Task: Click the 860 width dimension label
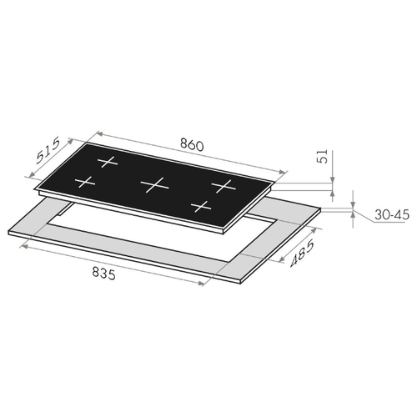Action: tap(192, 145)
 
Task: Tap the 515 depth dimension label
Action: tap(48, 150)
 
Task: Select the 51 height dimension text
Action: tap(323, 156)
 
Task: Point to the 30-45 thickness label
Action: tap(392, 214)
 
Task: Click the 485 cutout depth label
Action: tap(302, 253)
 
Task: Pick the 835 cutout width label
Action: tap(103, 273)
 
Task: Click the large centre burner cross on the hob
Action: tap(154, 184)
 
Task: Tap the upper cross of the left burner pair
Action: tap(108, 162)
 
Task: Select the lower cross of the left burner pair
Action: tap(85, 183)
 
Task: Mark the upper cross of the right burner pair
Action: tap(224, 186)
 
